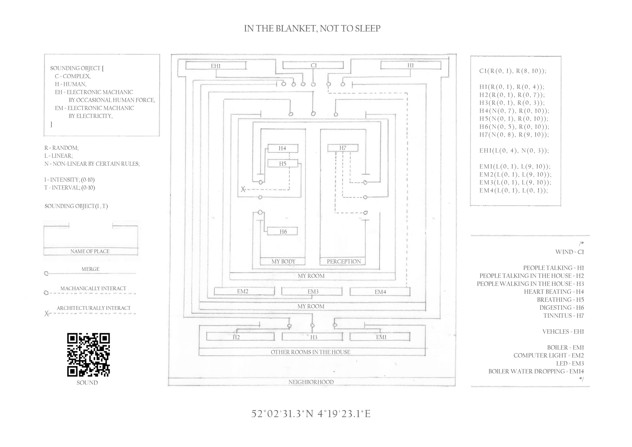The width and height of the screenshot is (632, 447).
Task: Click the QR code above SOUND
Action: pyautogui.click(x=88, y=355)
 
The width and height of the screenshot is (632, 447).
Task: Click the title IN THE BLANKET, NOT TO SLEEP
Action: pyautogui.click(x=312, y=29)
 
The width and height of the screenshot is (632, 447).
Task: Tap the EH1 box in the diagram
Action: pyautogui.click(x=216, y=66)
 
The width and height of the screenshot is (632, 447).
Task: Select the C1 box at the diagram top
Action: pyautogui.click(x=313, y=66)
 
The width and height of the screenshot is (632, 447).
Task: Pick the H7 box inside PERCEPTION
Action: pyautogui.click(x=343, y=148)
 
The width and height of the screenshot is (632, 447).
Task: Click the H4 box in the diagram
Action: pyautogui.click(x=282, y=148)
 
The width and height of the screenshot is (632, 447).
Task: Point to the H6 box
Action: pyautogui.click(x=282, y=231)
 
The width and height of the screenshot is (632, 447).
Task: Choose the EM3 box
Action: pyautogui.click(x=312, y=292)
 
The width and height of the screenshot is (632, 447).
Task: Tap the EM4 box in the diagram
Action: pyautogui.click(x=380, y=292)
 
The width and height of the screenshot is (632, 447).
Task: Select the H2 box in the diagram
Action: pyautogui.click(x=236, y=337)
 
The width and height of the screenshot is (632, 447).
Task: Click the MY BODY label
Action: pyautogui.click(x=283, y=262)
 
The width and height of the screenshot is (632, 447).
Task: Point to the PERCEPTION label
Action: pyautogui.click(x=344, y=262)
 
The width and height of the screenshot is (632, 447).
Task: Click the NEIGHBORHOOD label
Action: pyautogui.click(x=311, y=382)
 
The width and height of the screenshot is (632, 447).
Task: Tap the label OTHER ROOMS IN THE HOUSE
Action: pyautogui.click(x=310, y=352)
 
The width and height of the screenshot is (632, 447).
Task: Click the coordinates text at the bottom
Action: pyautogui.click(x=311, y=414)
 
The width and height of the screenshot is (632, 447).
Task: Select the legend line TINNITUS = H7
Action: pyautogui.click(x=563, y=316)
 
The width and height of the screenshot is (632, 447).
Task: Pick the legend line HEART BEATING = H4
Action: pyautogui.click(x=553, y=292)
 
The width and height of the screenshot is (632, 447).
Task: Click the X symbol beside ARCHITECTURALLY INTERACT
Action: pyautogui.click(x=46, y=314)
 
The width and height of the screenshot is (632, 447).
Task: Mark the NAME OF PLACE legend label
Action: pyautogui.click(x=90, y=251)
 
